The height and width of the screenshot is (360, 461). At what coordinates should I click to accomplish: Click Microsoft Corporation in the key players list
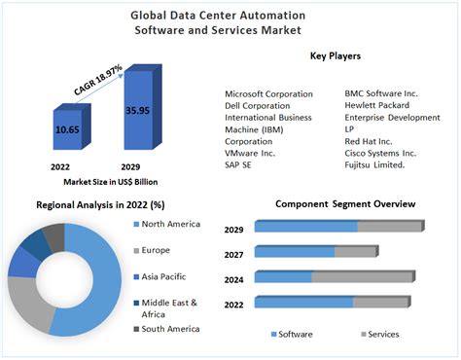(x=268, y=94)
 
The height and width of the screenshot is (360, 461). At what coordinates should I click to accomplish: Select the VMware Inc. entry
(x=250, y=153)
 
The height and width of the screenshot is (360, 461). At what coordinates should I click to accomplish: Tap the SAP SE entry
(x=239, y=165)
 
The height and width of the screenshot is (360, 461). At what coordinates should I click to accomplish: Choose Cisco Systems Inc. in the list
(x=380, y=153)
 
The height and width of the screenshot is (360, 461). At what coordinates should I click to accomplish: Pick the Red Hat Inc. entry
(x=368, y=141)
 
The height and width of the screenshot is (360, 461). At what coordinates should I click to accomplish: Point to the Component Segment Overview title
(x=344, y=204)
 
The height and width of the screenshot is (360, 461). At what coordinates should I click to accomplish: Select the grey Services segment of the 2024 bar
(x=362, y=277)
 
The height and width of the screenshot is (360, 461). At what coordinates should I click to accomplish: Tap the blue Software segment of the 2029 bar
(x=306, y=227)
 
